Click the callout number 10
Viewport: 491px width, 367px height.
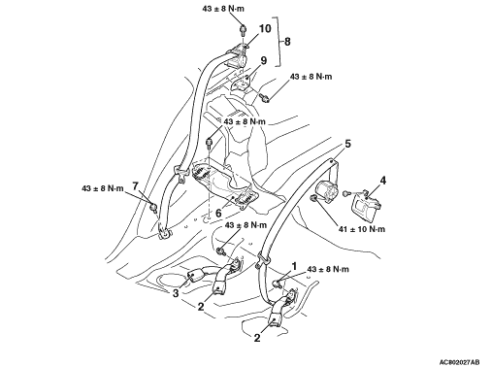pyautogui.click(x=265, y=28)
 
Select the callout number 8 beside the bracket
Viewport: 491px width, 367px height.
pyautogui.click(x=287, y=42)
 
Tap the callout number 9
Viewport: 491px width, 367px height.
pyautogui.click(x=264, y=60)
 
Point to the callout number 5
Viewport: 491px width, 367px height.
pyautogui.click(x=347, y=144)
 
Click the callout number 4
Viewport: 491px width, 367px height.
pyautogui.click(x=383, y=181)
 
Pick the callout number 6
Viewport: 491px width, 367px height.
pyautogui.click(x=218, y=214)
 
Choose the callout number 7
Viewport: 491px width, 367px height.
pyautogui.click(x=135, y=186)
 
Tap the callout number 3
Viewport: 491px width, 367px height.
pyautogui.click(x=176, y=293)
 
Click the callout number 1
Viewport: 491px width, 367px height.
pyautogui.click(x=294, y=266)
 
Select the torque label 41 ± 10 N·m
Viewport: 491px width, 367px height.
pyautogui.click(x=362, y=229)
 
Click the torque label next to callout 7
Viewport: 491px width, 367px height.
pyautogui.click(x=103, y=188)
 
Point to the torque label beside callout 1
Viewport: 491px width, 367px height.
pyautogui.click(x=328, y=269)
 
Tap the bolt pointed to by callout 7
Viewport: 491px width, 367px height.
pyautogui.click(x=153, y=207)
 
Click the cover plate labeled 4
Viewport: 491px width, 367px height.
pyautogui.click(x=366, y=203)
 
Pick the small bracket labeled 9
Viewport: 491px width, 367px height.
pyautogui.click(x=242, y=82)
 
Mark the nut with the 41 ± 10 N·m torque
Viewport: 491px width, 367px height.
pyautogui.click(x=312, y=198)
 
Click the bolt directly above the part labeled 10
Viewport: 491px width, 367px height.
pyautogui.click(x=243, y=30)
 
